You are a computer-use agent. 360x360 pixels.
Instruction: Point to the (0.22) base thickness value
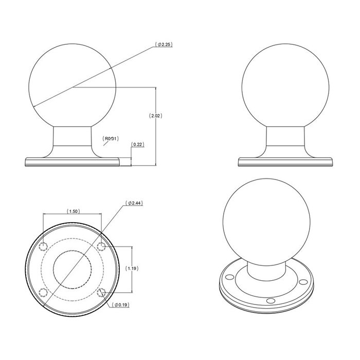click(x=137, y=145)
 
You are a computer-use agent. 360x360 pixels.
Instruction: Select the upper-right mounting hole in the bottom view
click(x=101, y=243)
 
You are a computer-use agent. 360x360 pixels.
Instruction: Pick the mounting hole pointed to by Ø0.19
click(x=101, y=293)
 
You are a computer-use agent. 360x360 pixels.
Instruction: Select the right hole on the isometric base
click(x=304, y=281)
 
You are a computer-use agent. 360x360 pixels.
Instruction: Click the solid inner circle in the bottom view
click(x=72, y=268)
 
